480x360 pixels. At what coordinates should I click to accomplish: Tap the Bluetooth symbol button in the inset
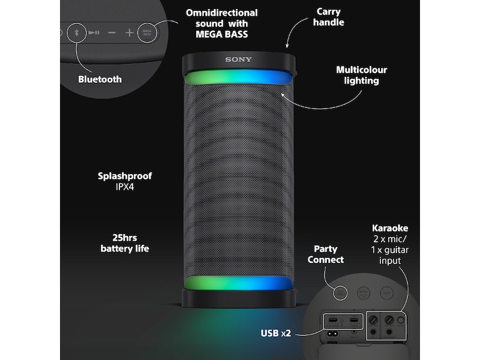(x=76, y=32)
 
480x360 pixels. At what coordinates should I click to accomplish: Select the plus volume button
(x=130, y=32)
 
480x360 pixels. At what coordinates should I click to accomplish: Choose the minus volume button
(x=112, y=32)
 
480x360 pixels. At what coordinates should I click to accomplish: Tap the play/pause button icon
(x=94, y=32)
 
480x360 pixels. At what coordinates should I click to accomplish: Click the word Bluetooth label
(x=100, y=79)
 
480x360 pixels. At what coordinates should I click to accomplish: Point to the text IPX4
(x=124, y=187)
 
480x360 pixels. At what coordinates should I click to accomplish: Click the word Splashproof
(x=125, y=176)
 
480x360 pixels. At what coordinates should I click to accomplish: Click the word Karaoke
(x=390, y=229)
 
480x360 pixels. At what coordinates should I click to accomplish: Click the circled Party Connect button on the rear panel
(x=341, y=292)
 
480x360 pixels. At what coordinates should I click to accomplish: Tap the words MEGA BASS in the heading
(x=221, y=34)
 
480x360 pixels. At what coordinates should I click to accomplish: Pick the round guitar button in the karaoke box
(x=400, y=320)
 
